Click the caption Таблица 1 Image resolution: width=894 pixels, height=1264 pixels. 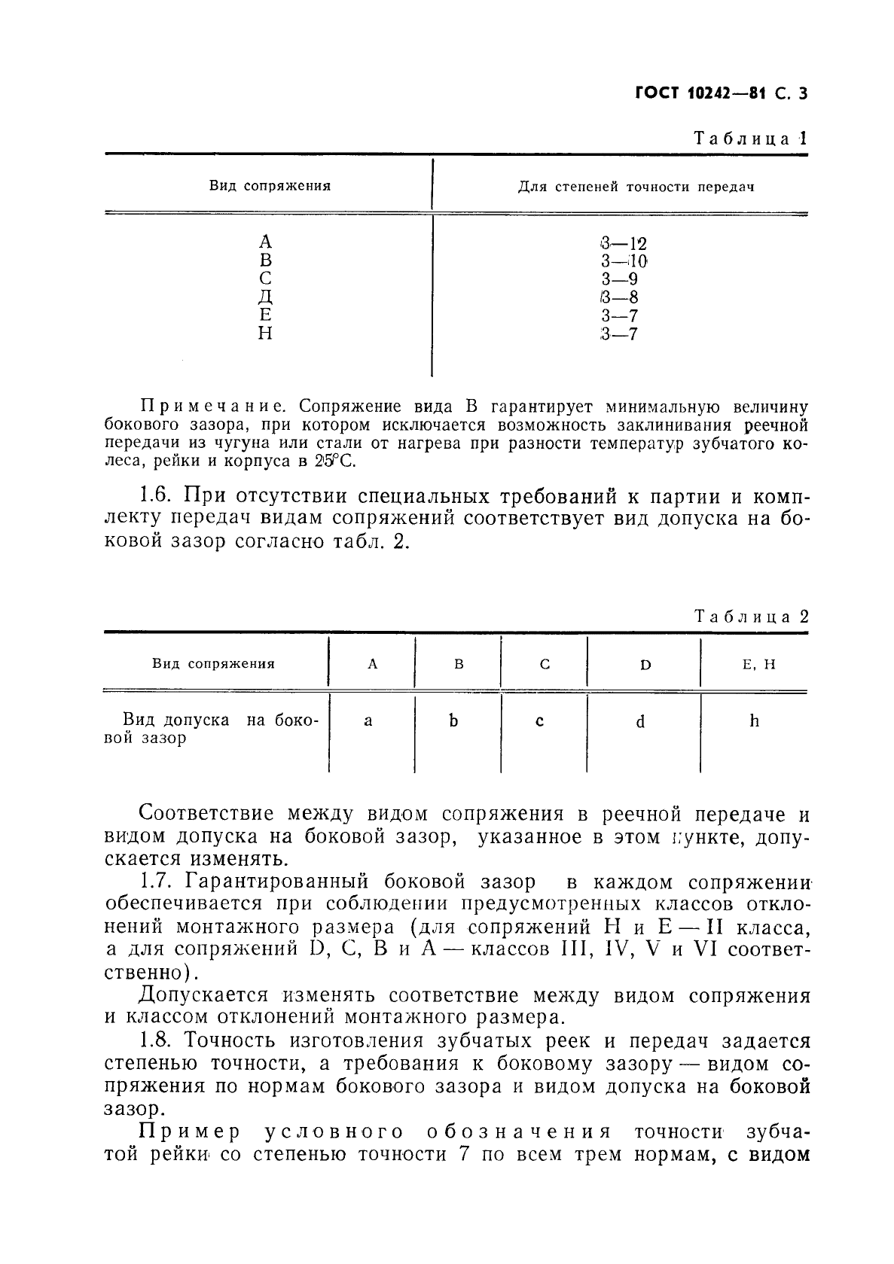(x=750, y=139)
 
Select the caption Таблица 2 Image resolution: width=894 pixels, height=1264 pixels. (x=751, y=617)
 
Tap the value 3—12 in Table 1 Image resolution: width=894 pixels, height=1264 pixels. (x=624, y=243)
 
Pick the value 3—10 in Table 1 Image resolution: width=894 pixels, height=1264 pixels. (x=624, y=261)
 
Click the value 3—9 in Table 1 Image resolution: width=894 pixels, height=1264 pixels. (x=620, y=279)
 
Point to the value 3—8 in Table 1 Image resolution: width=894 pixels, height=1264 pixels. (x=620, y=297)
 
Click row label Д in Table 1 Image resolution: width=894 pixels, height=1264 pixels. (x=265, y=297)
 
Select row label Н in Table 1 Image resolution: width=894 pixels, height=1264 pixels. (x=265, y=334)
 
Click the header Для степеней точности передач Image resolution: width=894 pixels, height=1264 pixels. (x=636, y=187)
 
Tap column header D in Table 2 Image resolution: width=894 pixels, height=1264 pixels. (x=645, y=665)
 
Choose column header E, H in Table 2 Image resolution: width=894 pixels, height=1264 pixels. (x=754, y=664)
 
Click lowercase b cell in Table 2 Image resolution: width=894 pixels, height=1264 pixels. (x=453, y=720)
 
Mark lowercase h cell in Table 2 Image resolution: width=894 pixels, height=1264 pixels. (x=754, y=721)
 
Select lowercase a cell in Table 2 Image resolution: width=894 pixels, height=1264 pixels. (x=368, y=721)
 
